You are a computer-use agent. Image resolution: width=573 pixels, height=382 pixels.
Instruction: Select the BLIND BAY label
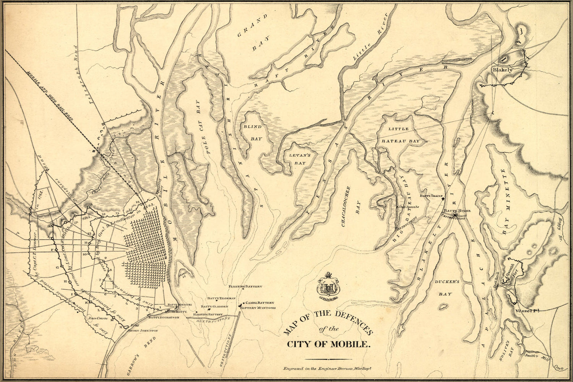coord(252,132)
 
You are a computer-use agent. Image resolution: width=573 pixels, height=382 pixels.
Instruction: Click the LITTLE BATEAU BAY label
coord(404,135)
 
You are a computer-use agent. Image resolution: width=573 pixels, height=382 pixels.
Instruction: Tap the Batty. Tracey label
coord(430,196)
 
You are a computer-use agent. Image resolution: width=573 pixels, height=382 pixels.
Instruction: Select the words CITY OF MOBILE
coord(329,344)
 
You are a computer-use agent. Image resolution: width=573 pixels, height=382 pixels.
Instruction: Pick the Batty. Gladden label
coord(214,306)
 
